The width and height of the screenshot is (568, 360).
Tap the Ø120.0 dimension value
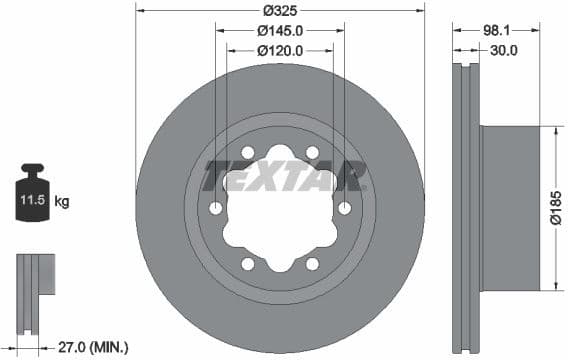coord(281,50)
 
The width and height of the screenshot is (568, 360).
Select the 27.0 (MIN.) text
coord(92,347)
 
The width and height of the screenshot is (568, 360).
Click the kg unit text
coord(62,202)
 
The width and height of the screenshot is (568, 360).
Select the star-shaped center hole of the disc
coord(281,208)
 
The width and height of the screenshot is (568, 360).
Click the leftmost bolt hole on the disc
coord(216,208)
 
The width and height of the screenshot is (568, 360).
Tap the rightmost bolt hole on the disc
coord(345,208)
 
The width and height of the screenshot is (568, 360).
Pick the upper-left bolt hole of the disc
coord(248,152)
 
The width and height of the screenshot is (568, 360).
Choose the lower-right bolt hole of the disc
coord(313,264)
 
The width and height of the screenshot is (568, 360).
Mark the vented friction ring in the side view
coord(466,208)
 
